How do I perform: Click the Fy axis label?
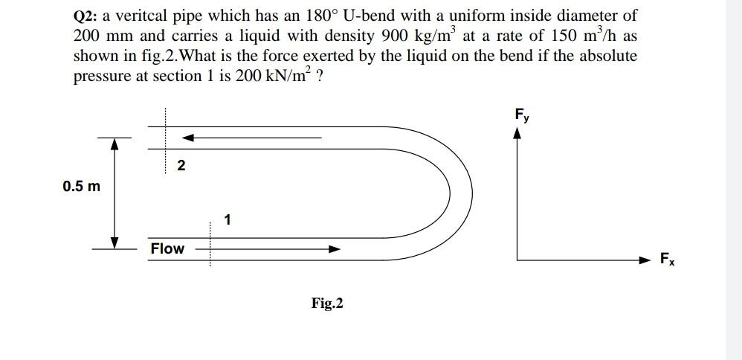[x=521, y=115]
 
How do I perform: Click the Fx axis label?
[x=668, y=260]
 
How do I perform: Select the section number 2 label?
[x=181, y=166]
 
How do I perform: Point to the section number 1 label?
[x=227, y=219]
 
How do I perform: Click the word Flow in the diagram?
[x=167, y=248]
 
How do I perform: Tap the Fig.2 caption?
[x=327, y=303]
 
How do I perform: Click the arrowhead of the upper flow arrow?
[x=188, y=138]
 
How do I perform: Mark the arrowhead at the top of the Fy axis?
[x=518, y=131]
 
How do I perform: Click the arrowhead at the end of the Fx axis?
[x=648, y=260]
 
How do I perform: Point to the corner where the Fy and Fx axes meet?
[x=518, y=260]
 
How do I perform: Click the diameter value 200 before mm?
[x=88, y=36]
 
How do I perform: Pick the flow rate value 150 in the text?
[x=554, y=36]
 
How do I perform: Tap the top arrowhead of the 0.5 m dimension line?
[x=115, y=144]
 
